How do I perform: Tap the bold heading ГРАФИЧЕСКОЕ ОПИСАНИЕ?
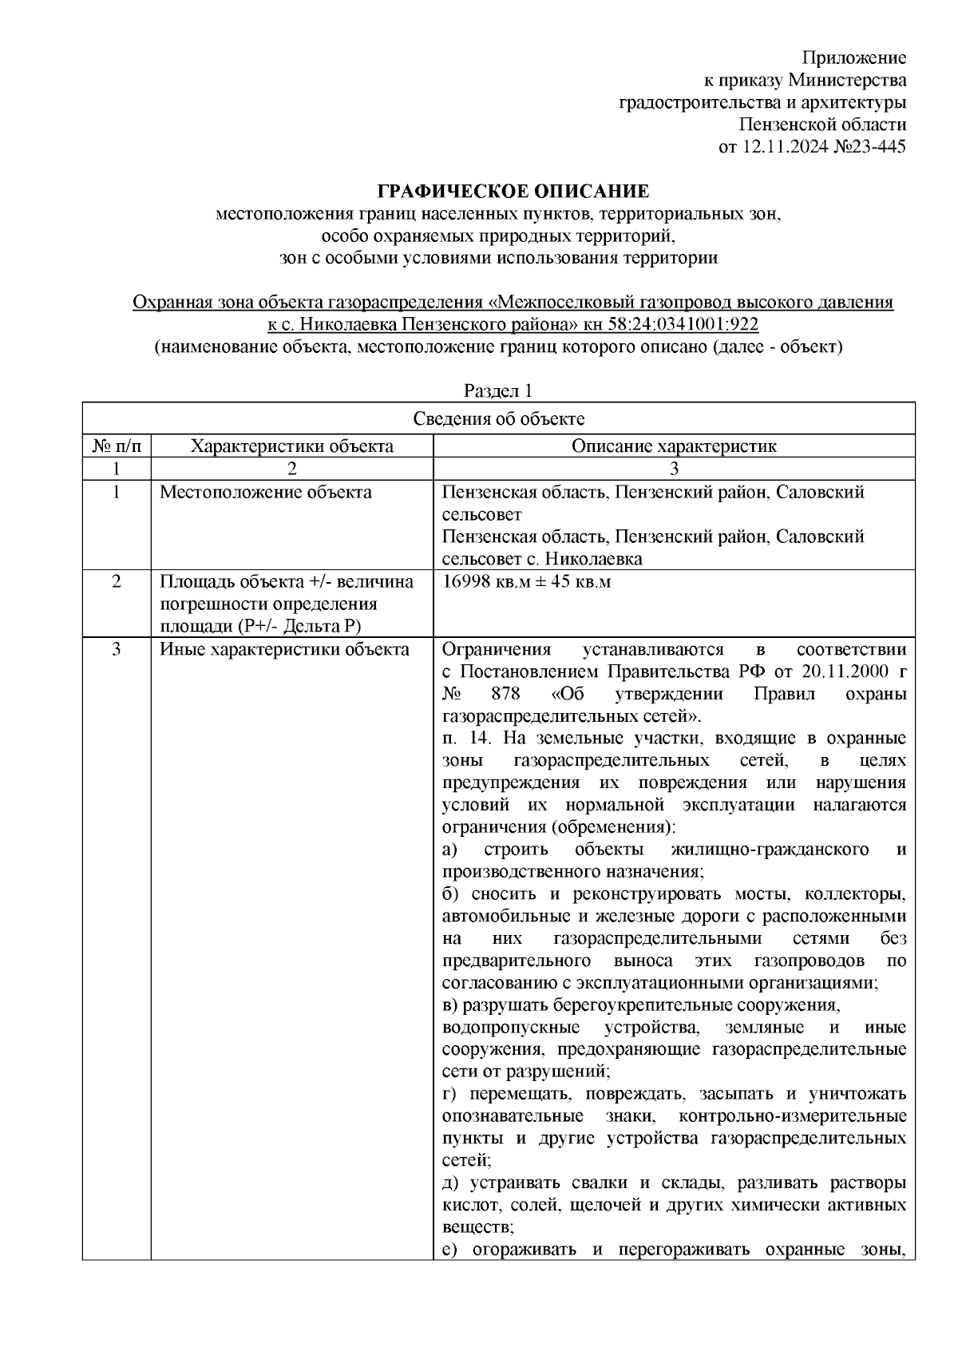point(513,192)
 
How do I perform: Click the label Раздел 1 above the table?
point(498,391)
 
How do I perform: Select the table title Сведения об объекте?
point(498,419)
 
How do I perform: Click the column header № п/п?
point(117,446)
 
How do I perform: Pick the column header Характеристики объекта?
point(291,446)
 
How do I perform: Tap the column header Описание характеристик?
point(673,446)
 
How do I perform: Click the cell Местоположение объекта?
point(265,492)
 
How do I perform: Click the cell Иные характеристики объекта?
point(284,649)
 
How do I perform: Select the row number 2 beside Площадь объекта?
point(117,581)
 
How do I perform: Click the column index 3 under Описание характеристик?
point(673,469)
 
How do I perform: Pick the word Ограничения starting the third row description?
point(496,649)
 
